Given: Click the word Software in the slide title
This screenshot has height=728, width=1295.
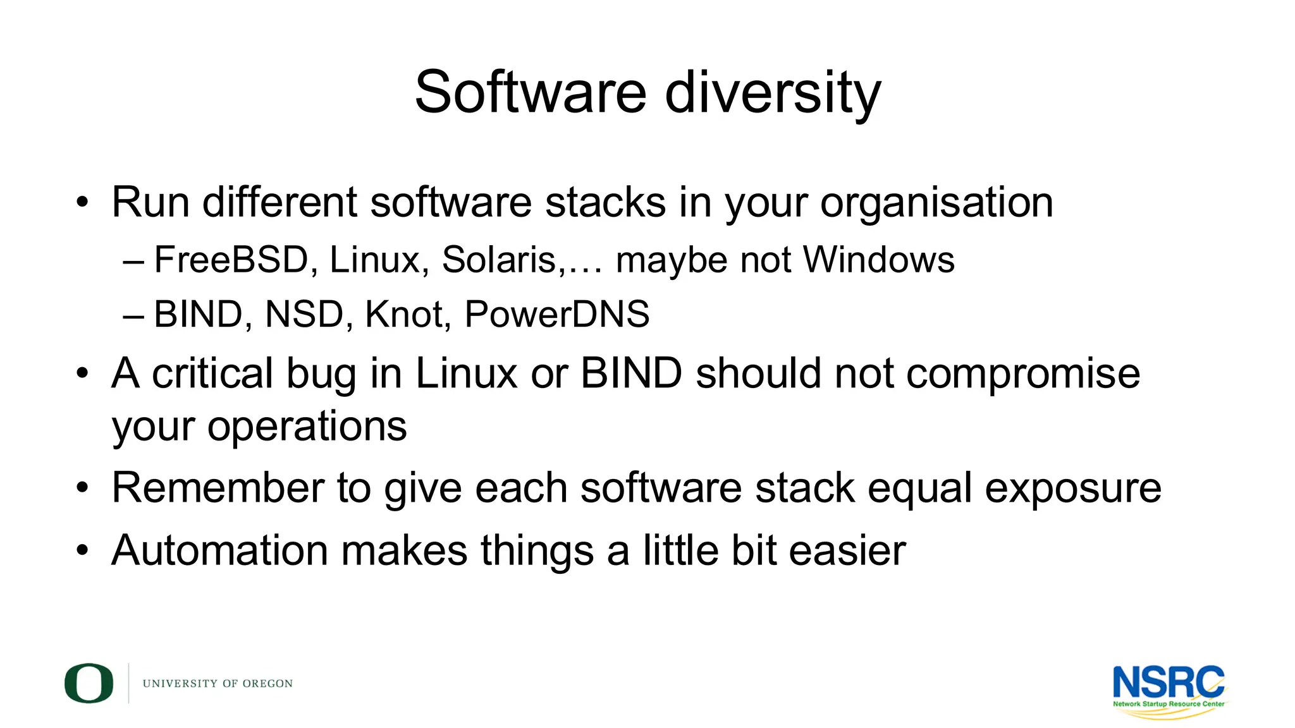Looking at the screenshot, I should tap(530, 93).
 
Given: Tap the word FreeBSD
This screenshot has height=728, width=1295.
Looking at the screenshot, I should tap(231, 260).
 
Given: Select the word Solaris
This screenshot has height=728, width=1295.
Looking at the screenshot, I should tap(499, 260).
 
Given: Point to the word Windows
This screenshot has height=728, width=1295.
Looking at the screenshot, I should tap(878, 260).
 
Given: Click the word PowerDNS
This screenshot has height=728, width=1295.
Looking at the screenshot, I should tap(556, 314).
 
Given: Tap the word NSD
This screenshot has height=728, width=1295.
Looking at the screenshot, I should tap(304, 314).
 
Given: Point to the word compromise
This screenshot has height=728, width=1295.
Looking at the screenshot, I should tap(1022, 374).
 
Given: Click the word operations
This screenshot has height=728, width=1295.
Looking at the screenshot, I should tap(307, 427).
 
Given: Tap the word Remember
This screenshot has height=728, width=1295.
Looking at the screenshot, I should tap(218, 488).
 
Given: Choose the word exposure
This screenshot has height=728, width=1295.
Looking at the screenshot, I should tap(1072, 489).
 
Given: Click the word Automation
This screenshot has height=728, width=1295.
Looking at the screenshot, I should tap(219, 550).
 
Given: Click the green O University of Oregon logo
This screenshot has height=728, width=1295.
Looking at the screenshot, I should tap(89, 683).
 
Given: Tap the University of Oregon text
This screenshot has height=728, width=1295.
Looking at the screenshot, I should tap(218, 684).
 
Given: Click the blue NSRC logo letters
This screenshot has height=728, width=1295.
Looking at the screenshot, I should tap(1168, 682).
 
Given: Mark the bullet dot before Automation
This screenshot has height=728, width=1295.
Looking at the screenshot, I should tap(82, 550).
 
